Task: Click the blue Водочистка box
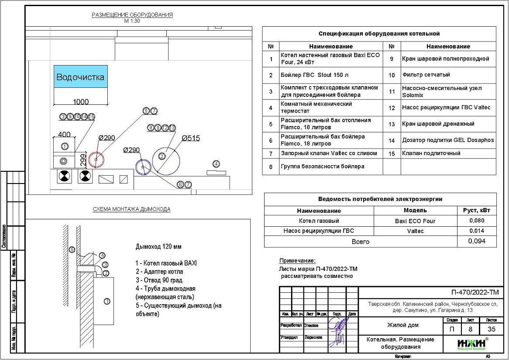[x=80, y=77]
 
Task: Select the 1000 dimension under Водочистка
[x=80, y=102]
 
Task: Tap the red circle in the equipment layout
[x=96, y=159]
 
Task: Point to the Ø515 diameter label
[x=191, y=138]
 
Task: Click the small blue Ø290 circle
[x=143, y=166]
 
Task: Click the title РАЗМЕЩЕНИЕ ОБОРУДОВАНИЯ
[x=132, y=15]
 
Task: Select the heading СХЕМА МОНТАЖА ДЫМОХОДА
[x=131, y=209]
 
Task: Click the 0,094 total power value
[x=476, y=241]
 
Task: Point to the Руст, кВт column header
[x=476, y=210]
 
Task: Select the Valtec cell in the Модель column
[x=415, y=231]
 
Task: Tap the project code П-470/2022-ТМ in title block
[x=475, y=293]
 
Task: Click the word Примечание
[x=297, y=261]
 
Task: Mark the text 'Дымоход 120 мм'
[x=158, y=247]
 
